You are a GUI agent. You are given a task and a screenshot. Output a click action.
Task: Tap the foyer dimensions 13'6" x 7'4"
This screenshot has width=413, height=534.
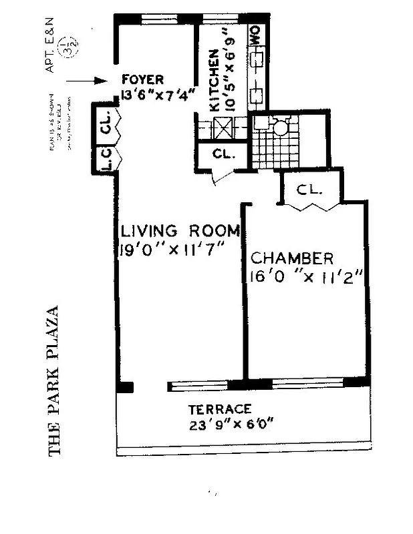coord(158,94)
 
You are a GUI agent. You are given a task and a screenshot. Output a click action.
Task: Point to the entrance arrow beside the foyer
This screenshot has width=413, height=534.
coord(88,81)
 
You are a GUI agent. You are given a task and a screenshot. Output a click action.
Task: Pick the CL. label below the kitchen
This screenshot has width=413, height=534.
coord(224,154)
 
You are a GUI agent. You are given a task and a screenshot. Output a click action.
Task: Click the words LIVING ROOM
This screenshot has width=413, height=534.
coord(180,232)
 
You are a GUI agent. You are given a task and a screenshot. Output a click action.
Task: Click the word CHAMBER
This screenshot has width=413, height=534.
coord(291,258)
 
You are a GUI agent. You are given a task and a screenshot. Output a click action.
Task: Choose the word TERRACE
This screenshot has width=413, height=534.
coord(219,409)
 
